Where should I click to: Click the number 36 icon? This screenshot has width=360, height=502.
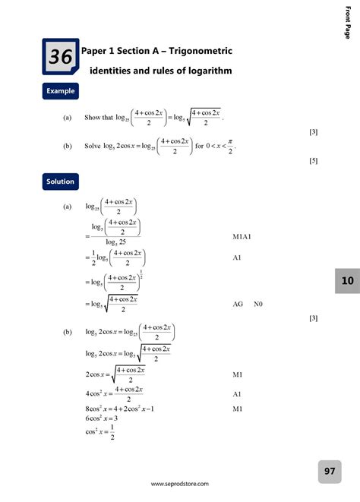[x=59, y=57]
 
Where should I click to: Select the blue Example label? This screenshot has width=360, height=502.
[x=61, y=91]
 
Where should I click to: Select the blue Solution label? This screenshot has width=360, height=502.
[x=60, y=182]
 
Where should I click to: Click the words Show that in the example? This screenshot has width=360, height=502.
[x=98, y=118]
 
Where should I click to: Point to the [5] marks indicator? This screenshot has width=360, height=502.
[x=313, y=161]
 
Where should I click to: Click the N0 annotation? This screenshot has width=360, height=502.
[x=261, y=304]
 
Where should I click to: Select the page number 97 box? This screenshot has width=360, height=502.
[x=330, y=472]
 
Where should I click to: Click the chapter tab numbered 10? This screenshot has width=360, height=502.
[x=347, y=281]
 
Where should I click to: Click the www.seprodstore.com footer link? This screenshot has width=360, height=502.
[x=180, y=484]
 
